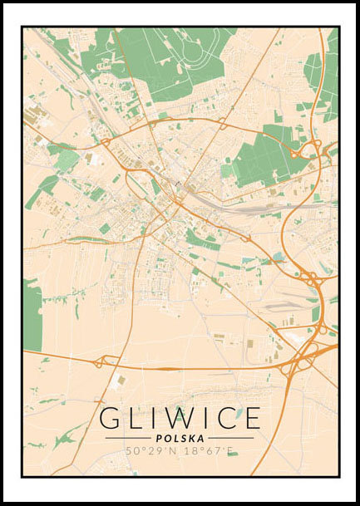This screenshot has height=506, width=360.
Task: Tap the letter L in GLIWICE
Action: tap(136, 418)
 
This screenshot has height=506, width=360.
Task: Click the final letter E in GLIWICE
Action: tap(252, 418)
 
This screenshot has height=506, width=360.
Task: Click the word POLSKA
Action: tap(180, 438)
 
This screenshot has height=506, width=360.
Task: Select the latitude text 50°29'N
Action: tap(150, 452)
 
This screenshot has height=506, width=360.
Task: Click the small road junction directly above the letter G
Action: tap(99, 362)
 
